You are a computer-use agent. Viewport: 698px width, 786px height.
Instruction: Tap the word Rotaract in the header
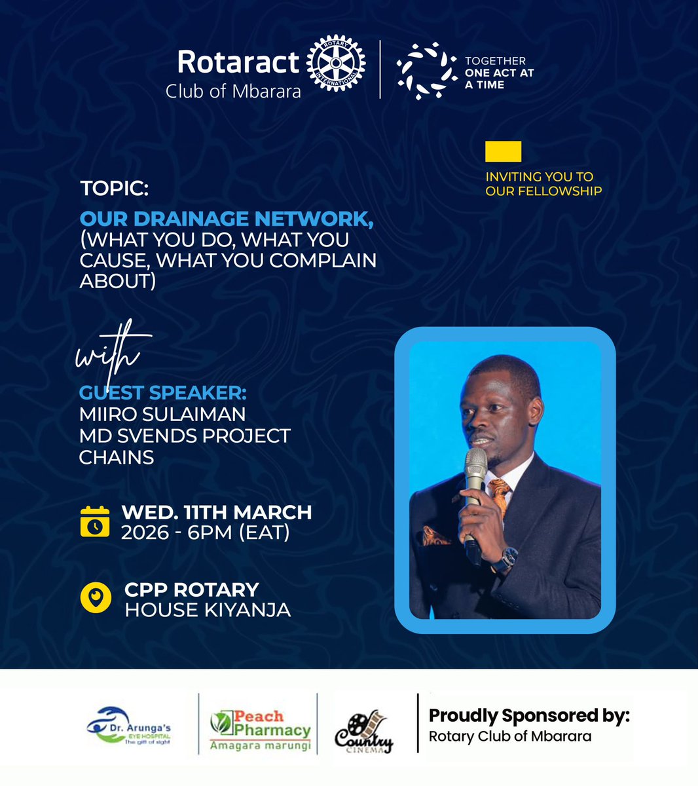pos(238,62)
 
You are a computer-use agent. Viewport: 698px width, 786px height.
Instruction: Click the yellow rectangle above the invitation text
pos(503,151)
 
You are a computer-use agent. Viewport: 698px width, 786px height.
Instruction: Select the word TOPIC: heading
pos(115,189)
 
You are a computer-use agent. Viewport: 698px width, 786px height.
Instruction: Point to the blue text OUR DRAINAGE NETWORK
pos(227,219)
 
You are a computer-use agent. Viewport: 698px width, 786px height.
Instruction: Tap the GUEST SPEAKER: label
pos(162,393)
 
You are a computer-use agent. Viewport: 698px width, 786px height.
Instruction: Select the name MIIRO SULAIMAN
pos(162,415)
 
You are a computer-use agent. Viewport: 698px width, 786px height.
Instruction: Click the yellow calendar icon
pos(95,522)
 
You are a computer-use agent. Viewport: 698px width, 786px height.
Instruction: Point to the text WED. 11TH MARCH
pos(217,512)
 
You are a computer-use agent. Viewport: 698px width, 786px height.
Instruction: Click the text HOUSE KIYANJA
pos(208,610)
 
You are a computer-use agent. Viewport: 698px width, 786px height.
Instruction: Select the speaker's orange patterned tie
pos(500,495)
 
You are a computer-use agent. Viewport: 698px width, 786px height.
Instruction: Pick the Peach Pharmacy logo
pos(260,728)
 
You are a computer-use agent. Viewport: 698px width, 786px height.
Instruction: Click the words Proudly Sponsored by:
pos(529,716)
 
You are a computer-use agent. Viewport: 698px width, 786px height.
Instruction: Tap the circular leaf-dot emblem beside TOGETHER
pos(426,70)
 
